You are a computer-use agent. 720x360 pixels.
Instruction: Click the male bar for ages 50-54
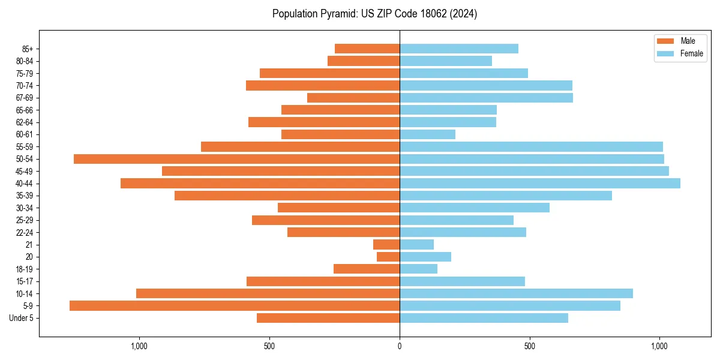point(236,159)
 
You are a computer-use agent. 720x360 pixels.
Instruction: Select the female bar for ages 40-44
point(540,184)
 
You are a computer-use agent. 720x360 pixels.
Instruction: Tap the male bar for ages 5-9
point(235,306)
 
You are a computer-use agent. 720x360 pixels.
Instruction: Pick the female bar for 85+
point(459,49)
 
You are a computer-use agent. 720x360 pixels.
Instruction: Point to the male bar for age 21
point(386,245)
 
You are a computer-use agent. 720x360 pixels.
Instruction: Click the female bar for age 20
point(425,257)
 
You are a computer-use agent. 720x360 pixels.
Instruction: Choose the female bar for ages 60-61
point(427,134)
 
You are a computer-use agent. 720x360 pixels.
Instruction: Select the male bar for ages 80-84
point(364,61)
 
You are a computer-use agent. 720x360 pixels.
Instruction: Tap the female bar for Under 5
point(484,318)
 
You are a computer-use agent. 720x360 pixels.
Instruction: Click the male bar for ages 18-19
point(367,269)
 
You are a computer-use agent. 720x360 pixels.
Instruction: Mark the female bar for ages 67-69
point(486,98)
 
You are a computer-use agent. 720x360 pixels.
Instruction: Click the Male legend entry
point(680,41)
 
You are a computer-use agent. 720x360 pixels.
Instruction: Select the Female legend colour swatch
point(665,53)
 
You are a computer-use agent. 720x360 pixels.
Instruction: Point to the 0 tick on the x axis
point(400,346)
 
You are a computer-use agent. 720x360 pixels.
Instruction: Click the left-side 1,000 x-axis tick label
point(139,346)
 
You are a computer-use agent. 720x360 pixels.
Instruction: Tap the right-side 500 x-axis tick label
point(529,346)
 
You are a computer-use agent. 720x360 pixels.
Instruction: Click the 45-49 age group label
point(24,171)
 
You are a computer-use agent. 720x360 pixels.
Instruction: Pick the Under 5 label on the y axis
point(22,318)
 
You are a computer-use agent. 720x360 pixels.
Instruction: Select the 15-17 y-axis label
point(24,281)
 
